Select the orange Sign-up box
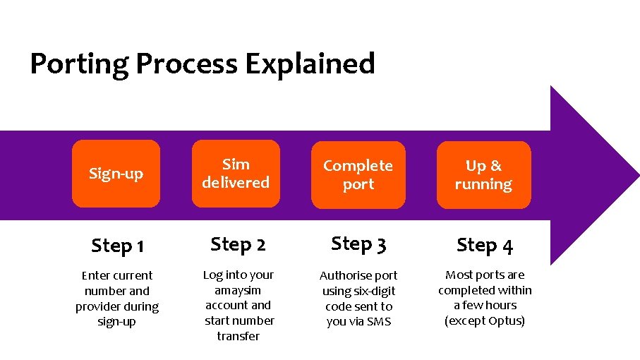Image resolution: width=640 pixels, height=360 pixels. click(x=116, y=174)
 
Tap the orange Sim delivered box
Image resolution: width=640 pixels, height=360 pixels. click(x=236, y=174)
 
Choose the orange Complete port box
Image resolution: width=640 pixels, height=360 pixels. click(x=358, y=175)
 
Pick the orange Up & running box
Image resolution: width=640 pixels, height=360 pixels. click(x=483, y=175)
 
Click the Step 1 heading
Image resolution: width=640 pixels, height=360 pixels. click(x=118, y=246)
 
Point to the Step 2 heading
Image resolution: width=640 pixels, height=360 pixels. click(x=238, y=244)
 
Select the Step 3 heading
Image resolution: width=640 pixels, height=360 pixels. click(x=358, y=244)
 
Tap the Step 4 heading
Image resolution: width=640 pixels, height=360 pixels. click(x=485, y=245)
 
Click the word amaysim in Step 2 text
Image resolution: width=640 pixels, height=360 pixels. click(x=238, y=290)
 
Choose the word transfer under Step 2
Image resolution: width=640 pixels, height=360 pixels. click(x=238, y=336)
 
